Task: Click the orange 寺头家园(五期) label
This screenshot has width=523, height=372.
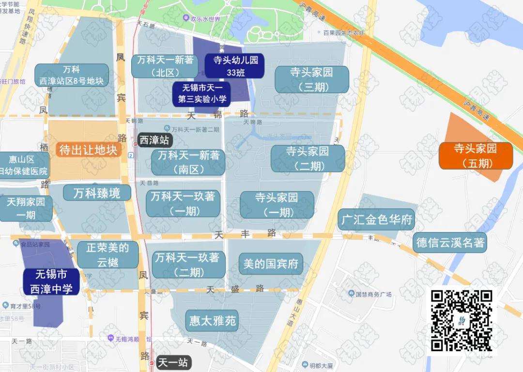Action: [x=476, y=155]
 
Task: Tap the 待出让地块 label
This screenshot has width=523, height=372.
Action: [x=88, y=150]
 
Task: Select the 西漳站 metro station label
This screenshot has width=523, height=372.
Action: [x=154, y=140]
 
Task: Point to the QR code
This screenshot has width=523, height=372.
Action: [x=461, y=320]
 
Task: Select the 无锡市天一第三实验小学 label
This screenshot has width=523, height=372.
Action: [x=201, y=94]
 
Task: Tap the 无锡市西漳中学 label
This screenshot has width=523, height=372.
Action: [x=51, y=282]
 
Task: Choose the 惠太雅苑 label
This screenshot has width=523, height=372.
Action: [x=212, y=321]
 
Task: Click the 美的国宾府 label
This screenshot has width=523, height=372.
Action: [x=271, y=264]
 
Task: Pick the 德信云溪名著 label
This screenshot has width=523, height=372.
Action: [x=450, y=243]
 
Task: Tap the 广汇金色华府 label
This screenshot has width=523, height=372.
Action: [x=376, y=219]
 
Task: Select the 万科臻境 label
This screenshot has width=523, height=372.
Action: [x=97, y=193]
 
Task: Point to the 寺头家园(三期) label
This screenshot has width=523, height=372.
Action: [x=311, y=79]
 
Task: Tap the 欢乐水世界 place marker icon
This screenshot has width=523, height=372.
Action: [x=186, y=19]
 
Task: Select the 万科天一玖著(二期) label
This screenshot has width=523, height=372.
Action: [x=187, y=264]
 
